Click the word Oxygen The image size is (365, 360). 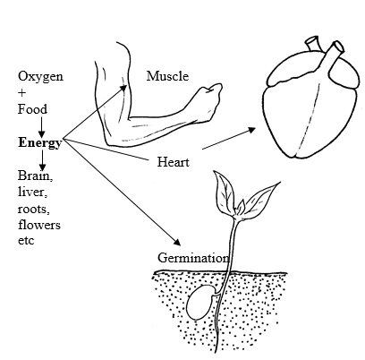coord(40,77)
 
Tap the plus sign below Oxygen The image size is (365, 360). coord(22,93)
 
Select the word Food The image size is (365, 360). coord(32,109)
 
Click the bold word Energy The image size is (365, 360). coord(40,143)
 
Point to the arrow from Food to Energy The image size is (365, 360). coord(41,127)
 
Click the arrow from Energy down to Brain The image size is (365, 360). coord(43,160)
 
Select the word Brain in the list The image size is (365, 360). coord(36,176)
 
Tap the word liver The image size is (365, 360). coord(32,192)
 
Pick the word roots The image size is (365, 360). coord(34,209)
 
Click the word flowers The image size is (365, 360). coord(39,225)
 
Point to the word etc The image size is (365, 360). coord(26,241)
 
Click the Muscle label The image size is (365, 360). coord(167,76)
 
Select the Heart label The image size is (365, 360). coord(174,162)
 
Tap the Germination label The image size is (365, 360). coord(193,258)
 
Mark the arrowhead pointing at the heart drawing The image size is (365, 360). coord(252,130)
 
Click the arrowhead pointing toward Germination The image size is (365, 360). coord(177,242)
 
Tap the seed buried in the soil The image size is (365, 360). coord(199,303)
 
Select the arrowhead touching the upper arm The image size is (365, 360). coord(123,88)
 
